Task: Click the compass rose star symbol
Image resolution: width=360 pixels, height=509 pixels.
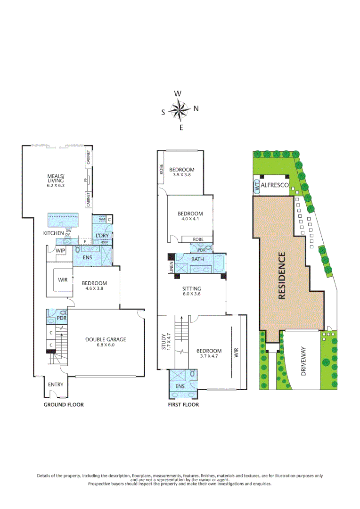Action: (x=179, y=110)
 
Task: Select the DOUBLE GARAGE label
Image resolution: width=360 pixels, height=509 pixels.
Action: (x=106, y=339)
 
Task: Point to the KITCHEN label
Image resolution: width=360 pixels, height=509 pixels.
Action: (x=53, y=233)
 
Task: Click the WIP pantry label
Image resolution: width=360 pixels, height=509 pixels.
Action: (x=60, y=251)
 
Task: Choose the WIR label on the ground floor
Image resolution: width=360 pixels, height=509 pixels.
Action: (x=63, y=279)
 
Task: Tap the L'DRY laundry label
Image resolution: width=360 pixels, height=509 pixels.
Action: (x=102, y=235)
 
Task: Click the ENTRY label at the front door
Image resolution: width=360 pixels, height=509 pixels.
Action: (x=56, y=385)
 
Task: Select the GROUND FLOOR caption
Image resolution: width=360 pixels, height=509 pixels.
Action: (x=64, y=405)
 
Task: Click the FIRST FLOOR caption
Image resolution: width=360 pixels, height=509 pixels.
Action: (x=183, y=405)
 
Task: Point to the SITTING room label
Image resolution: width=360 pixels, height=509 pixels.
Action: (x=192, y=289)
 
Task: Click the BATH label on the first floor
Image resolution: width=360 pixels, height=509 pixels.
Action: (x=197, y=259)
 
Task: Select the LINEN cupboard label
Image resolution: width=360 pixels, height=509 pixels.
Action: (x=171, y=267)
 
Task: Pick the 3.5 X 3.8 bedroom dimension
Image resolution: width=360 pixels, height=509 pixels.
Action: (x=181, y=175)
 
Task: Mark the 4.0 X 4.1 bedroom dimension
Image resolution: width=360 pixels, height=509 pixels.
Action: (x=190, y=219)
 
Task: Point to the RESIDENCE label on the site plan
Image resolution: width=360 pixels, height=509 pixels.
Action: (x=282, y=276)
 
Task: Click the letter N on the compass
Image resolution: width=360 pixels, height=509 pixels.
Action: (x=196, y=108)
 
